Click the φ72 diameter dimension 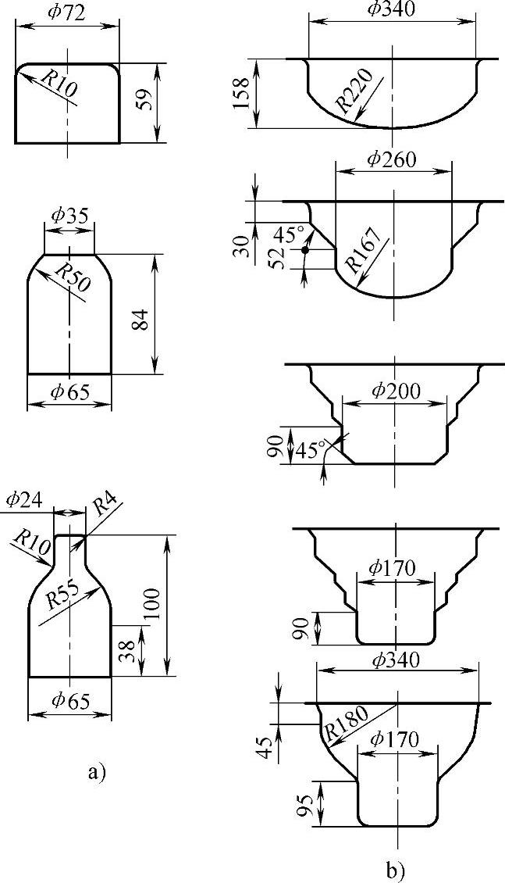(x=66, y=13)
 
